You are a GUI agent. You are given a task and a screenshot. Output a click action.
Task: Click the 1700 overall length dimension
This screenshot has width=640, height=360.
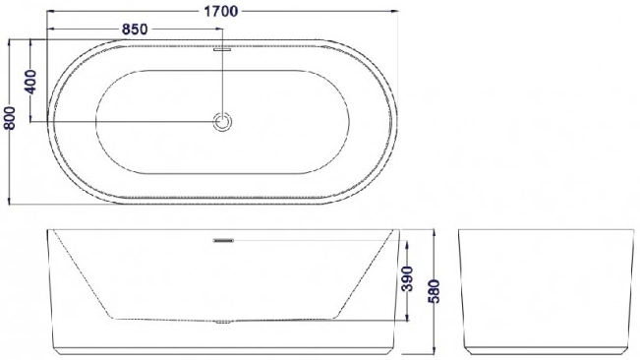coord(220,12)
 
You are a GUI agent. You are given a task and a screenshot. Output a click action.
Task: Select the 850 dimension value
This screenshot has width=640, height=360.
coord(135,30)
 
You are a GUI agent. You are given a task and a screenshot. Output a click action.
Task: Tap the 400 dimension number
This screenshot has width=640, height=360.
coord(30,82)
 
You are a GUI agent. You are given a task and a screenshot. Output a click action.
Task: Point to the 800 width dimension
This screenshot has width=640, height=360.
coord(10,118)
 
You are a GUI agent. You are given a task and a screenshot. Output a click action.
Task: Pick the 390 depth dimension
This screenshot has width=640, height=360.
coord(407,279)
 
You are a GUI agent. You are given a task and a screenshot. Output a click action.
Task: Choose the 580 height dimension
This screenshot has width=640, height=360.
coord(435,291)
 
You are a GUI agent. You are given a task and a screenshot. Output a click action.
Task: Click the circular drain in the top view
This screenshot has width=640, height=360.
coord(222,122)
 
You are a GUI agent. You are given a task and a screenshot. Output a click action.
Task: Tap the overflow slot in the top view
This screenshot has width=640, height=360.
coord(222,50)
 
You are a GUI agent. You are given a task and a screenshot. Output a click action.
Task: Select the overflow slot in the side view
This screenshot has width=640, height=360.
coord(223,241)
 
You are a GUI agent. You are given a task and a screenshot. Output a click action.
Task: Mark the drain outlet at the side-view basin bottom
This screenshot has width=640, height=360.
coord(223,322)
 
